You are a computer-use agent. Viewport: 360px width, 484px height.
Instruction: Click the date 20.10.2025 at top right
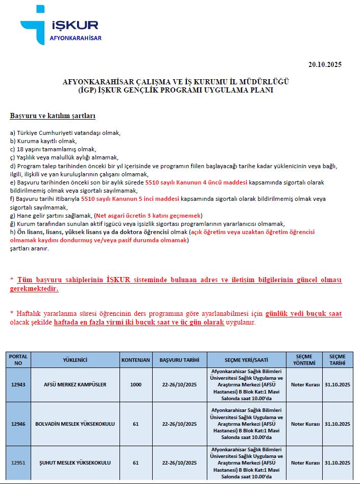(325, 64)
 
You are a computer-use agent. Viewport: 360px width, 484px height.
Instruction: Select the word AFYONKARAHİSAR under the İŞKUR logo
(76, 38)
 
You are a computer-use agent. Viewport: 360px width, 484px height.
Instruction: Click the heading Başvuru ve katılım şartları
(53, 116)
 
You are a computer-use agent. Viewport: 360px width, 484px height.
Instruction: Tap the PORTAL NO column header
(18, 359)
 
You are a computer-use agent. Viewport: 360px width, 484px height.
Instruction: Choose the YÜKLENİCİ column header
(75, 359)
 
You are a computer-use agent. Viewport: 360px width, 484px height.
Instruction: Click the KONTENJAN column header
(136, 359)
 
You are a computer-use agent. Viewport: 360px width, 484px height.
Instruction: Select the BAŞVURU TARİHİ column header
(179, 359)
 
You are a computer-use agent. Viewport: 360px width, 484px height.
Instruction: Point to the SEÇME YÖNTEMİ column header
(305, 359)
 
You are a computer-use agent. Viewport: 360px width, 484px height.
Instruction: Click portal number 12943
(18, 384)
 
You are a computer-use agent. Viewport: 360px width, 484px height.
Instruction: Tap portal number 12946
(18, 424)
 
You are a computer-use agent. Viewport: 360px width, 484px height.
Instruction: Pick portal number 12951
(18, 463)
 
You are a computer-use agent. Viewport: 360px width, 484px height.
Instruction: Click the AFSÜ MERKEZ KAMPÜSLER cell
(75, 384)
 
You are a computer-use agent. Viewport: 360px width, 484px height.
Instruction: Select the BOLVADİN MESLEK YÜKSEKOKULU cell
(75, 424)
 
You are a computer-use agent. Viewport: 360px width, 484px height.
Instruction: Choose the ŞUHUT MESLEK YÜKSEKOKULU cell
(75, 463)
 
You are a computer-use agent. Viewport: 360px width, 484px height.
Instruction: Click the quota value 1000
(136, 384)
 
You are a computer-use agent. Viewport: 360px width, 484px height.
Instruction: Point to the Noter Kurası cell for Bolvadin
(305, 424)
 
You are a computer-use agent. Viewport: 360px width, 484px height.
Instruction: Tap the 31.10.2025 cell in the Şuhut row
(338, 463)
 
